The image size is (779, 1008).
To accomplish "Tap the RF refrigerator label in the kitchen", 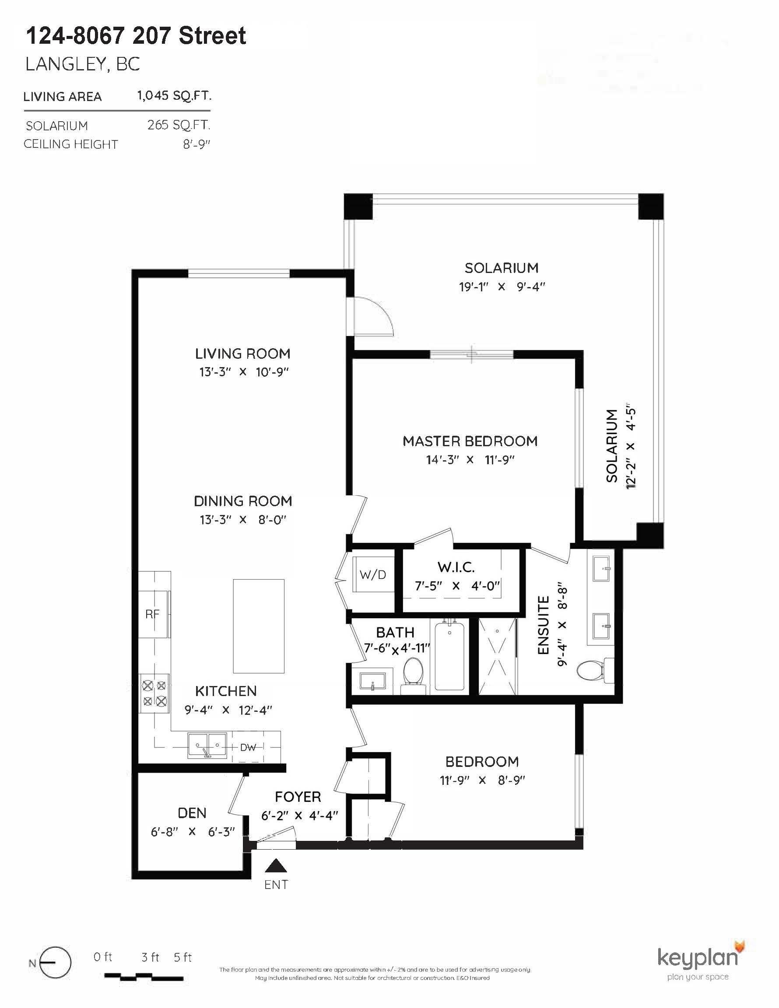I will [x=152, y=614].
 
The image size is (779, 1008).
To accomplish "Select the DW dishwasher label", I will [x=248, y=747].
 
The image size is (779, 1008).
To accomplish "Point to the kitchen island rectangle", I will [x=258, y=626].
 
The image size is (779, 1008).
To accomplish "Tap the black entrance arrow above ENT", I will [x=276, y=866].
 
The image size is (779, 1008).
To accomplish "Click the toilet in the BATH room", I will [x=413, y=673].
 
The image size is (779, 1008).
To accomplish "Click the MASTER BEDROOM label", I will [x=470, y=441].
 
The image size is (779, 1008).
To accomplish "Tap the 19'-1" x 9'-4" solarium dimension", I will [x=502, y=287].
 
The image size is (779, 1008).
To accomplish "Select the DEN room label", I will [x=192, y=813].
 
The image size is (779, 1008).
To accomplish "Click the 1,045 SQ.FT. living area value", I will [x=174, y=96].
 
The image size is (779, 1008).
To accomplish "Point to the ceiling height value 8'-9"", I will [x=196, y=144].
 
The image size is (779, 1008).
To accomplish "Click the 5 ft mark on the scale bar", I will [x=182, y=958].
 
